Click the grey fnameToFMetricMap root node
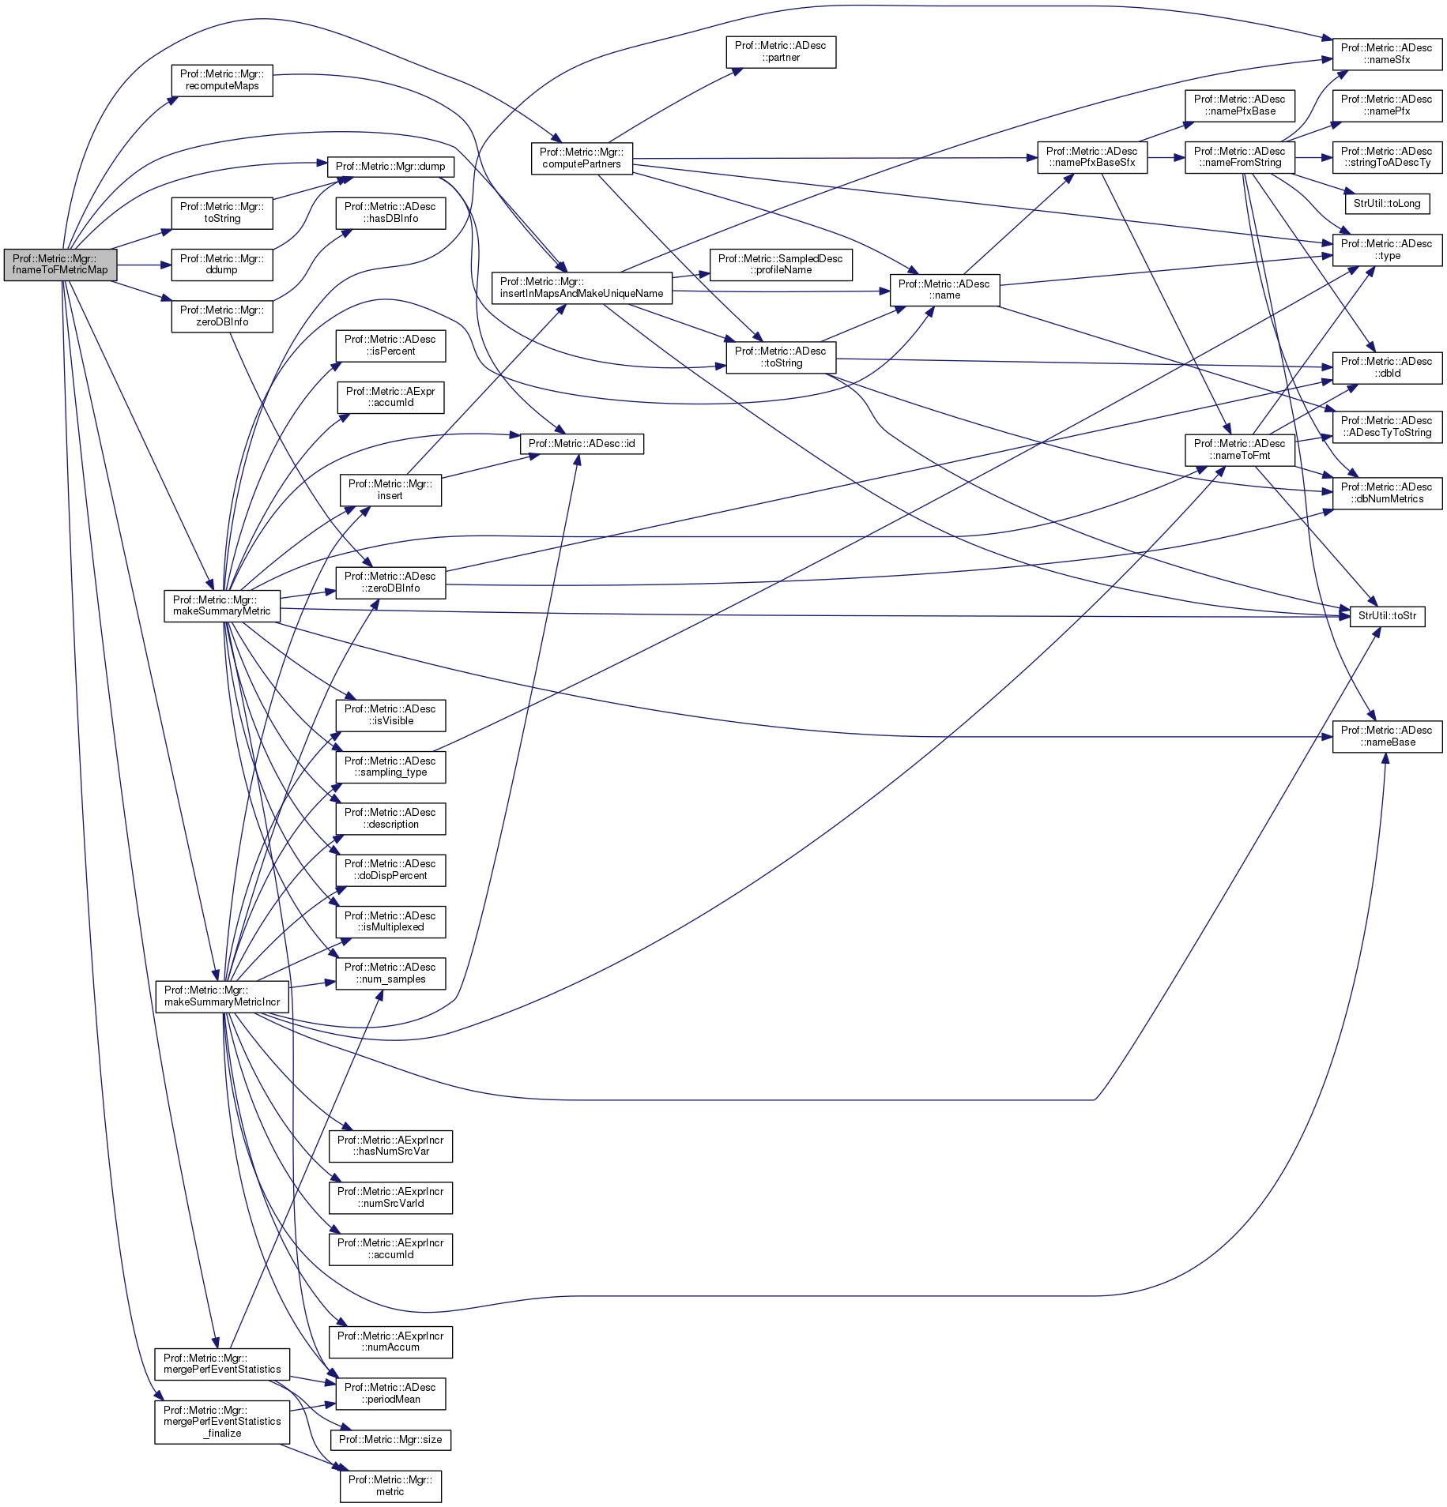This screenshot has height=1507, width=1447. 60,265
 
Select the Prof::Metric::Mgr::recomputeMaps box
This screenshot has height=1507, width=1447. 222,81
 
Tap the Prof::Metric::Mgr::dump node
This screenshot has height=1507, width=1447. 390,167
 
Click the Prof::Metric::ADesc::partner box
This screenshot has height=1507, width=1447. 780,52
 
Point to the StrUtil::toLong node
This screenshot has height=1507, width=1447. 1387,204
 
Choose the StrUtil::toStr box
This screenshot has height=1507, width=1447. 1387,616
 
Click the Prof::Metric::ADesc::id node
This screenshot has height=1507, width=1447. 582,444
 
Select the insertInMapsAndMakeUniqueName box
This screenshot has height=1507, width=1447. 582,287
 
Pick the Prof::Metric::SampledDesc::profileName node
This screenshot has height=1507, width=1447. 780,265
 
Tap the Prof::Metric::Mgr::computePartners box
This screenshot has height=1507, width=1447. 582,159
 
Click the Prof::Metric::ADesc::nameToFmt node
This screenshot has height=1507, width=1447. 1239,449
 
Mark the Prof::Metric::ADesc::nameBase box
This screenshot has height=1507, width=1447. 1387,736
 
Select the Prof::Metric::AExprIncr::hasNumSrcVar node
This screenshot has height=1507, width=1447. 390,1146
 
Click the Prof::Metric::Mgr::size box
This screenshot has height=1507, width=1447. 390,1440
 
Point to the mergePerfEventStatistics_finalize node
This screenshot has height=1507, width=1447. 222,1422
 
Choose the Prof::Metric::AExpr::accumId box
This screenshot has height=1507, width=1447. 390,397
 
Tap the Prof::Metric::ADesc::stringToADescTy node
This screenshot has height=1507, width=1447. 1387,157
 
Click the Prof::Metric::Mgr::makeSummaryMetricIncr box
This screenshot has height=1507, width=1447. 222,996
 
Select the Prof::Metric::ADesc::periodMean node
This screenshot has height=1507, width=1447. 390,1393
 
